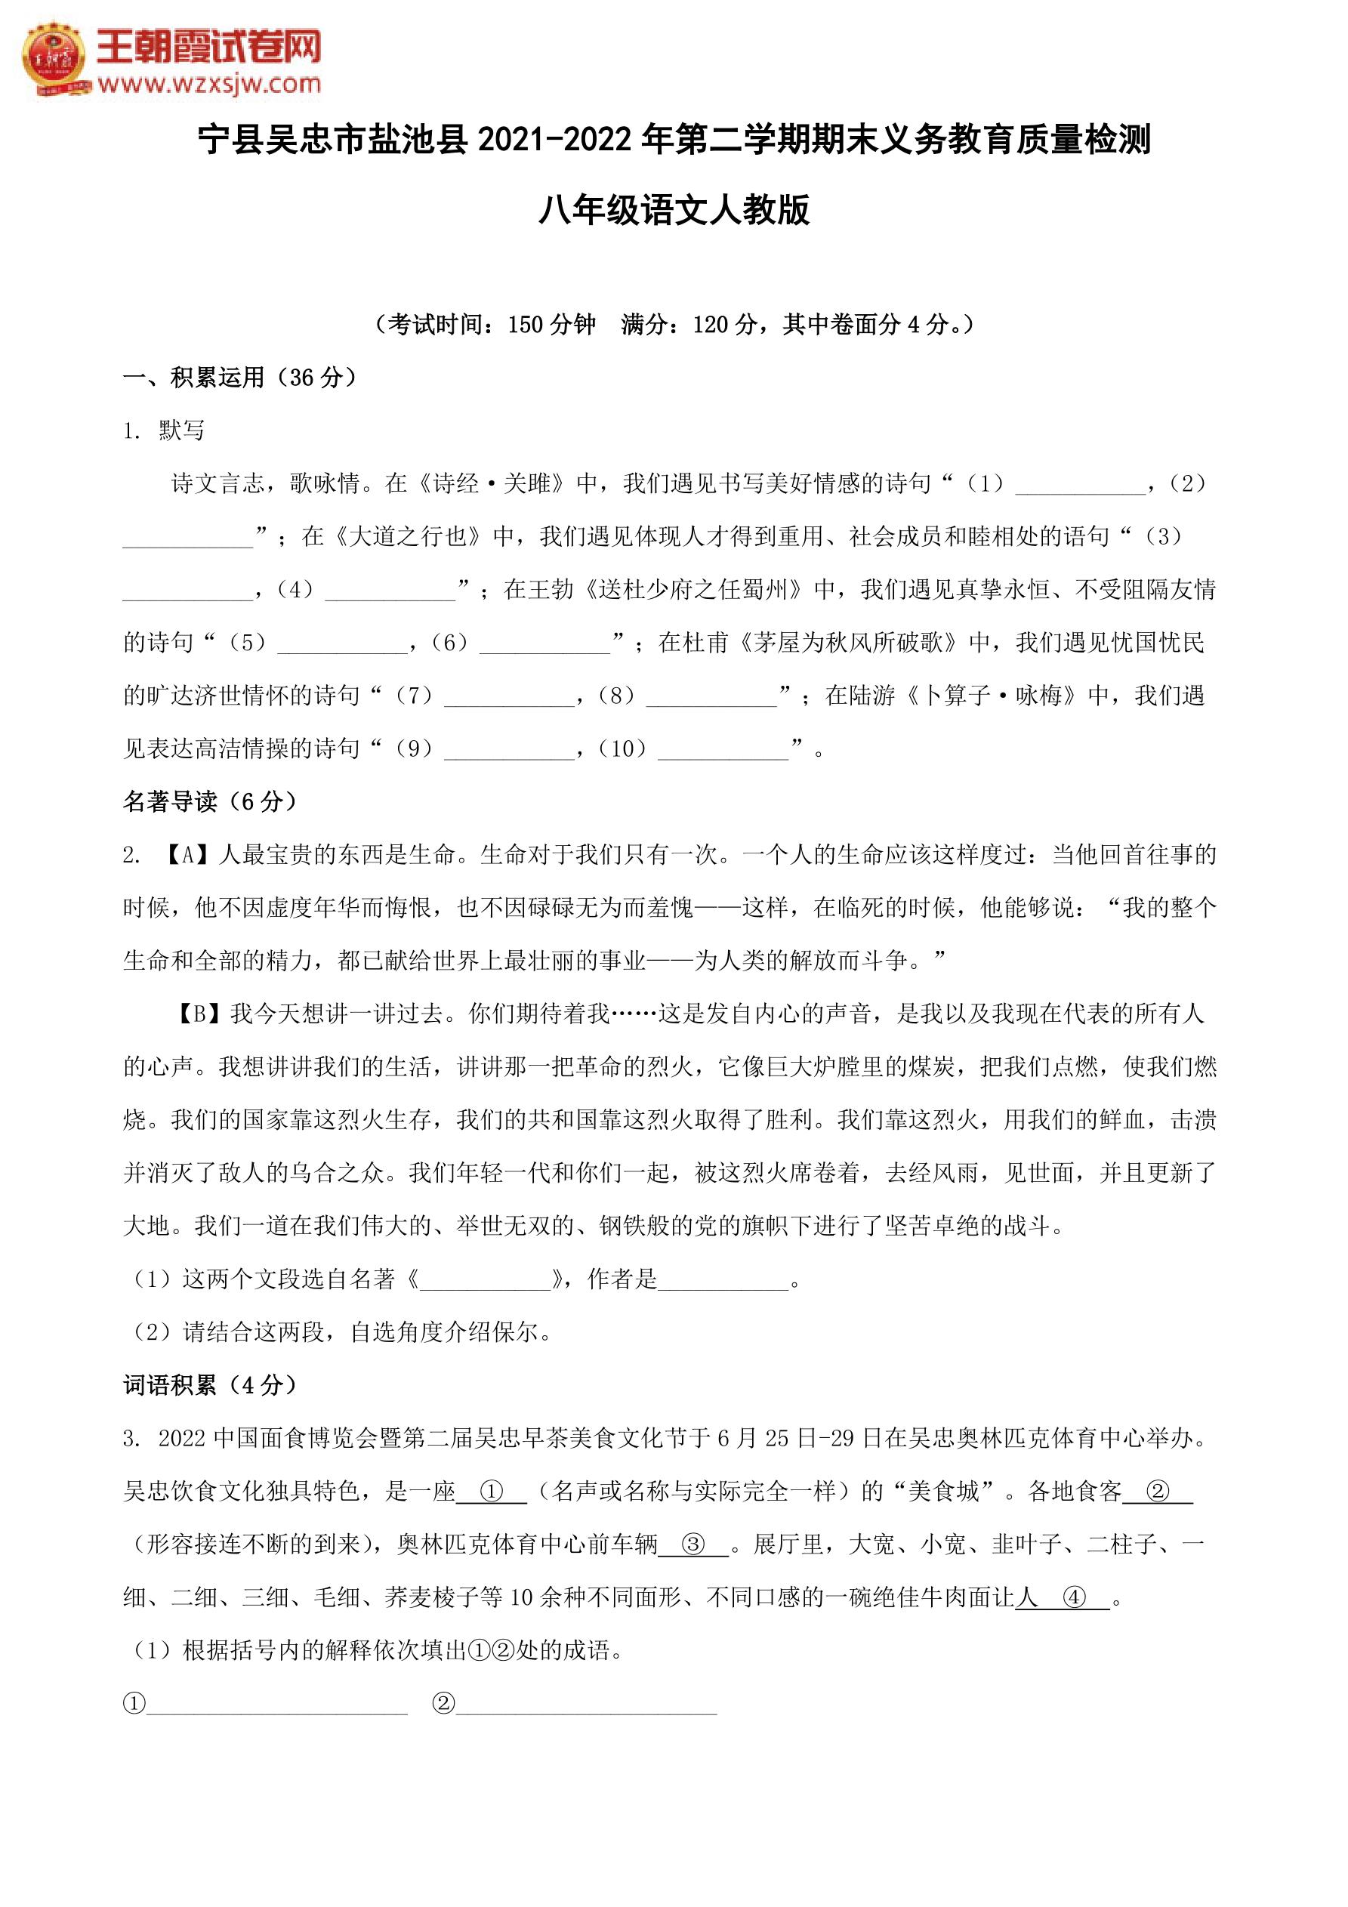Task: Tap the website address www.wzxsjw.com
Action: (209, 84)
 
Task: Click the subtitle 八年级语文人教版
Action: (674, 210)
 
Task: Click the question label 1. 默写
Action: (164, 430)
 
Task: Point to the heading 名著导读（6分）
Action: (209, 801)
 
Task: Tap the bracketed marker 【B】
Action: (199, 1014)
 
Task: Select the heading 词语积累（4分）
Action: (209, 1385)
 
